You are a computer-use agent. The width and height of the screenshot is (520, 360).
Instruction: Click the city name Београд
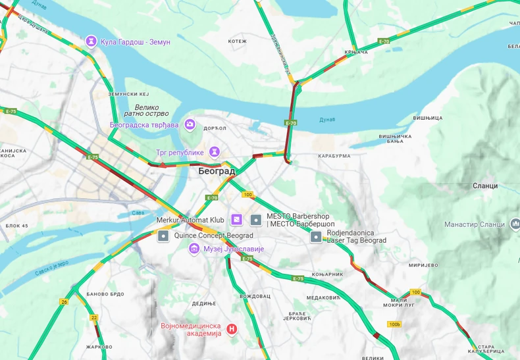217,171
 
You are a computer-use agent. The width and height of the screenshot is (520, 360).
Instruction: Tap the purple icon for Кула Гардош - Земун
91,41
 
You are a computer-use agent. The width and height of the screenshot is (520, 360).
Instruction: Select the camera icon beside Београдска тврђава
190,124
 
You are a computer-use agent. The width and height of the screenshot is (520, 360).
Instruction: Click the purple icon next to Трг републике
215,152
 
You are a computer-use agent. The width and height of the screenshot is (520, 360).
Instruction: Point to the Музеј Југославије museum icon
194,248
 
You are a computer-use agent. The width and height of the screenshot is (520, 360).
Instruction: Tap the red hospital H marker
231,328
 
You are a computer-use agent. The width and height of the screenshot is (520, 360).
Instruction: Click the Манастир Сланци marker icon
514,224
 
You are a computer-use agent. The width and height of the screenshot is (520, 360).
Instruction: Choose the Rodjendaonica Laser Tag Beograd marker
317,236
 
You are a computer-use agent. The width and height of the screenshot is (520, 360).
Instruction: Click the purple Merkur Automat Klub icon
236,219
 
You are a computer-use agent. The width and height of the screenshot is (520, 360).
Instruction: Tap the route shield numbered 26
64,302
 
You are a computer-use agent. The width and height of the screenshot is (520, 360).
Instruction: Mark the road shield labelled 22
94,317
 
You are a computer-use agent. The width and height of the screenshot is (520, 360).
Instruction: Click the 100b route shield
394,324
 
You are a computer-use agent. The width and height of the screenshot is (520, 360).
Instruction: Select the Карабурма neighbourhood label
334,157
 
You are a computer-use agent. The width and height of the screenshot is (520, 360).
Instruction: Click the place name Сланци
485,186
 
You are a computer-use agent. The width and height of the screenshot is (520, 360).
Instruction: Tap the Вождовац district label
255,296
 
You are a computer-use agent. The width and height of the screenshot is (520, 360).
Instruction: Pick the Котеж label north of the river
237,41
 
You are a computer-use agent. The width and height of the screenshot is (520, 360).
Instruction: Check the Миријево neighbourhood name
423,265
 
